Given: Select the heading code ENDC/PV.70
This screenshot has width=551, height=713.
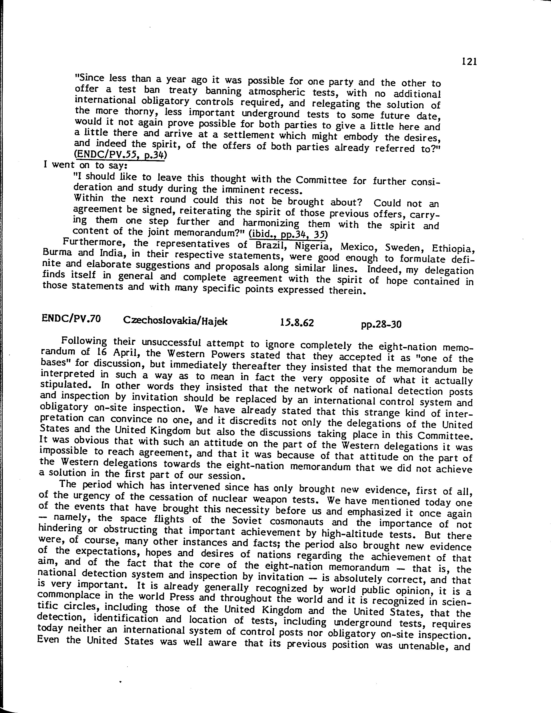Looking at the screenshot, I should click(x=71, y=319).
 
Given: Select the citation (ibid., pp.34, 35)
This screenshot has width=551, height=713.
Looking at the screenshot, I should click(x=288, y=234).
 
